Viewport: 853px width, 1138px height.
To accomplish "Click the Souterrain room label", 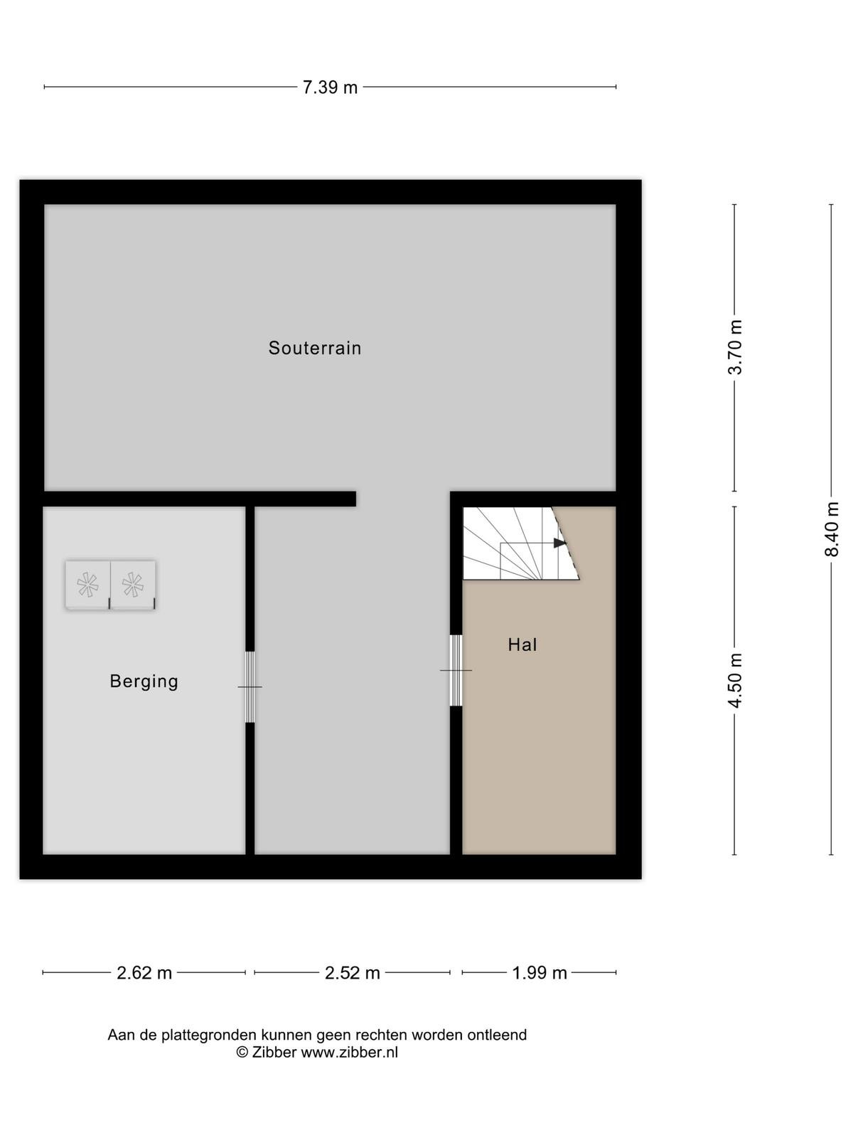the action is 314,347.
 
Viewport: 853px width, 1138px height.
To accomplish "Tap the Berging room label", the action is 144,681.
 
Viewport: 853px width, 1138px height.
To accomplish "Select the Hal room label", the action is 522,644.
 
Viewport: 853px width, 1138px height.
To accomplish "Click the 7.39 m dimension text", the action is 330,87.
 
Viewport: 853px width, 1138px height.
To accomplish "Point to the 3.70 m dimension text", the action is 736,347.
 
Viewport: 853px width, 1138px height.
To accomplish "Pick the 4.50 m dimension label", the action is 736,680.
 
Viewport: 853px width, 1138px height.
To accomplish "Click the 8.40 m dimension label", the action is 832,529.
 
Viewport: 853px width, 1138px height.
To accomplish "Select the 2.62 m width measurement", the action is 144,973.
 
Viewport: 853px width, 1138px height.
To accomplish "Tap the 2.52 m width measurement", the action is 352,973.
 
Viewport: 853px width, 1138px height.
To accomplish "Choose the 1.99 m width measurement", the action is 539,973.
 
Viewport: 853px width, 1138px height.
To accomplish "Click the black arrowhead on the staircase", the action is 560,543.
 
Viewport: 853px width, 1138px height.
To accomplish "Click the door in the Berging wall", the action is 250,687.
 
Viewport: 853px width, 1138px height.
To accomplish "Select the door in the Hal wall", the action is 456,671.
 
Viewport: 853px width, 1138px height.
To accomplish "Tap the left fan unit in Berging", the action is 87,585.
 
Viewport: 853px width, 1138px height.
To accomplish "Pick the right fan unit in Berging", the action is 133,585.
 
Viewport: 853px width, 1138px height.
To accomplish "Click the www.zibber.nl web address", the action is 350,1052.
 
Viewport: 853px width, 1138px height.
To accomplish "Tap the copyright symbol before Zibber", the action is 242,1052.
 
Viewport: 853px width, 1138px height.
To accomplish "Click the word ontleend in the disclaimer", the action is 497,1035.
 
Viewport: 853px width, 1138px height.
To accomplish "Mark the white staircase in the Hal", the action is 520,543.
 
